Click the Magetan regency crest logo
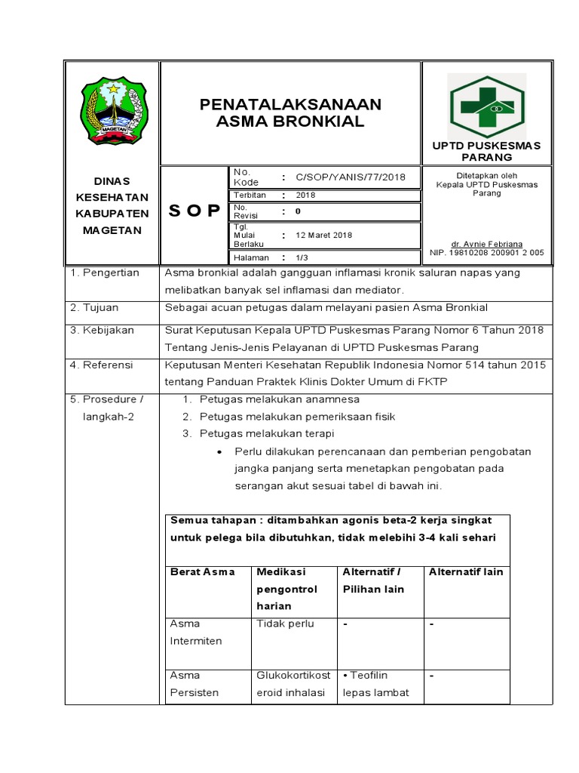(112, 111)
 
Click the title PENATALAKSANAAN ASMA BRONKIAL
(290, 112)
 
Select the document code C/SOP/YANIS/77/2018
(351, 177)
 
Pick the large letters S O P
(195, 210)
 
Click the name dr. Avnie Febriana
(486, 245)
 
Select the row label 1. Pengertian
(105, 273)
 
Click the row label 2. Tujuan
(94, 308)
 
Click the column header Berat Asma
(203, 572)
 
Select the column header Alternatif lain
(465, 572)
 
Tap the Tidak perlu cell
(285, 624)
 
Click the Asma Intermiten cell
(196, 633)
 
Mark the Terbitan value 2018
(306, 195)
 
